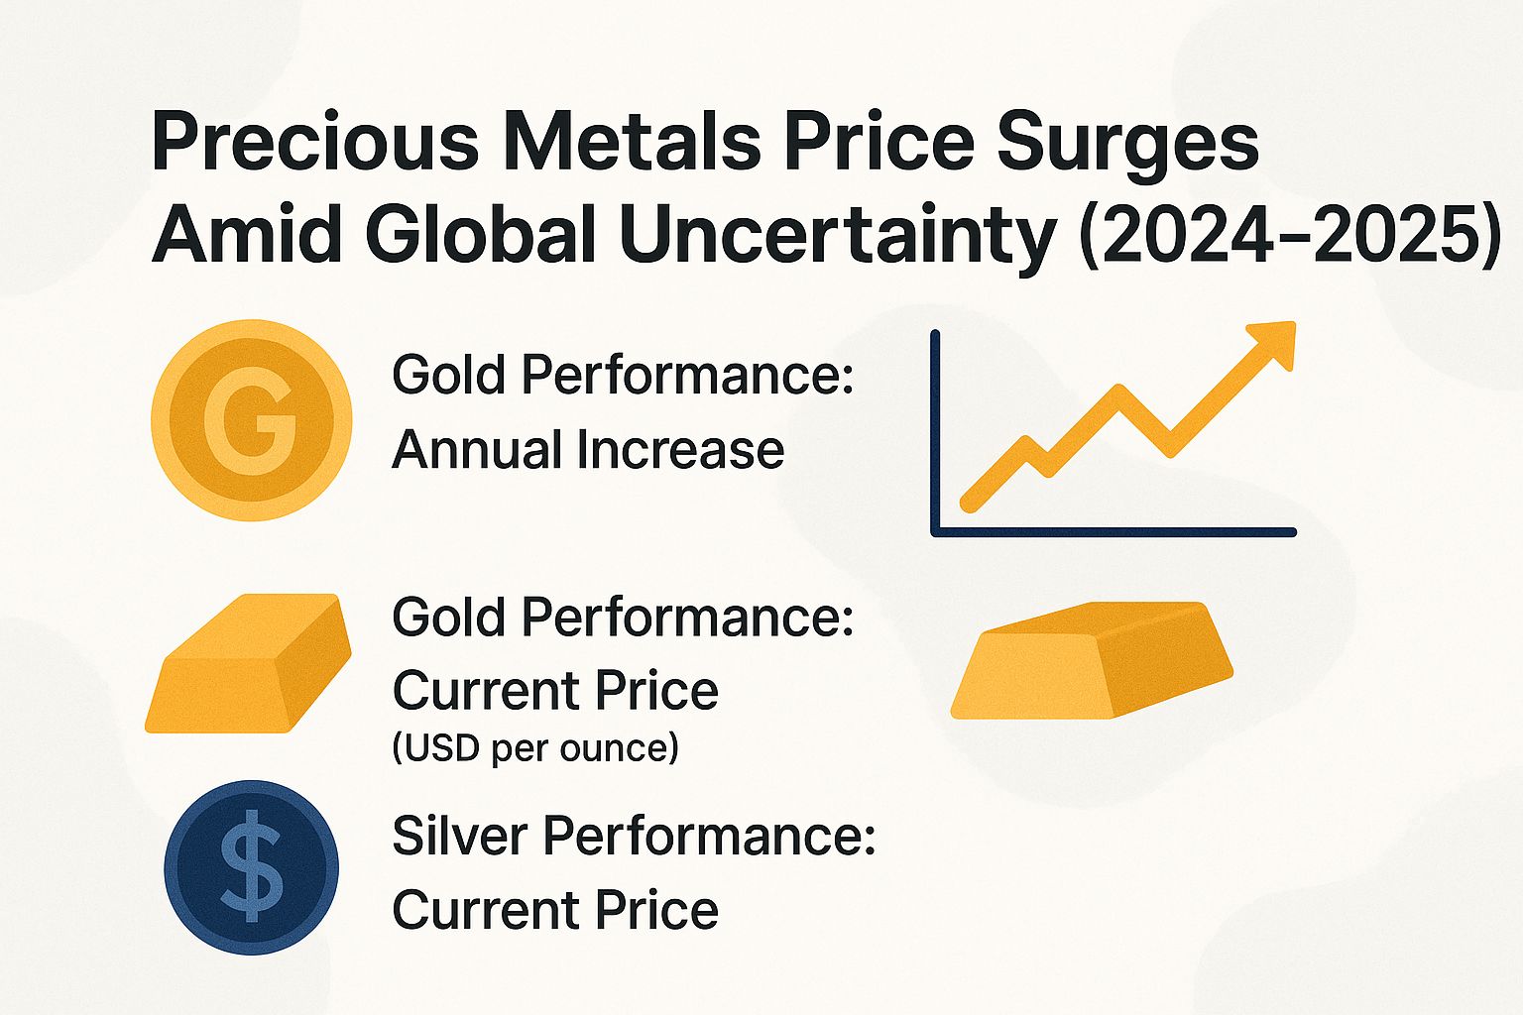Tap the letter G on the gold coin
pos(251,420)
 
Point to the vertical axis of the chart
pos(935,431)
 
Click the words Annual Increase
pos(588,450)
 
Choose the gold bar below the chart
pos(1092,659)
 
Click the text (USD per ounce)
pos(535,748)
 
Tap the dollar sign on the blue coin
pos(251,866)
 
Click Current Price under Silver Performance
pos(554,910)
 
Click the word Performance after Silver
pos(708,836)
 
